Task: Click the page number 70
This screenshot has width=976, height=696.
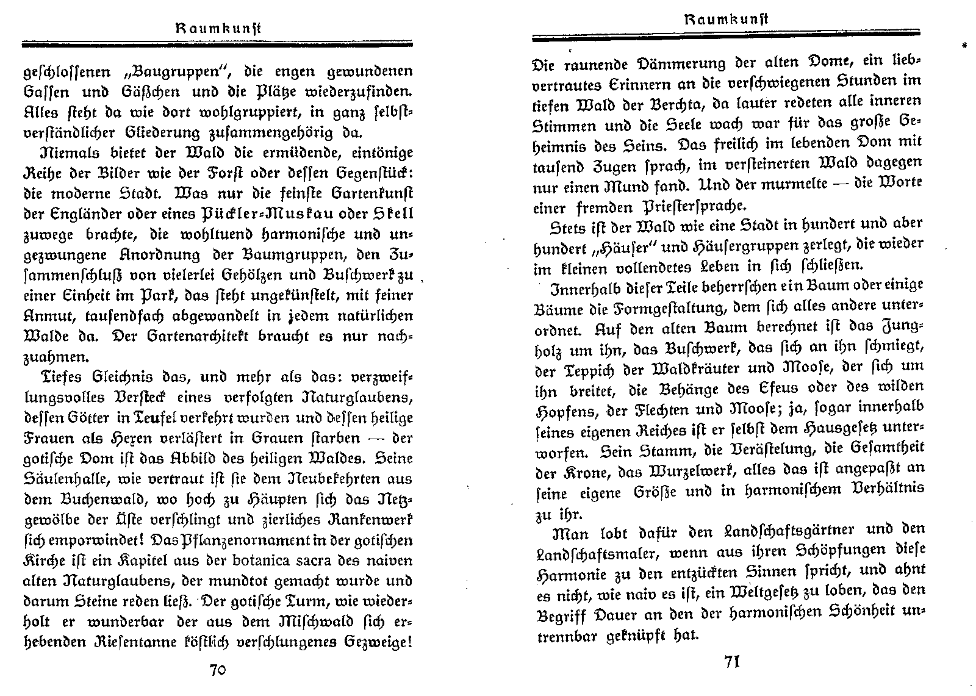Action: point(218,670)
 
